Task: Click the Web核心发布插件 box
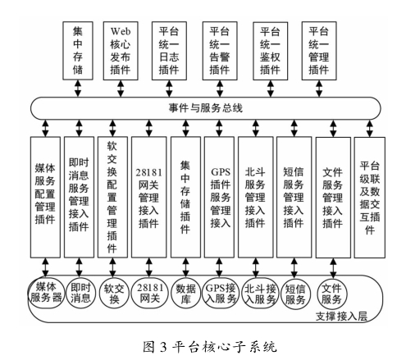click(x=121, y=51)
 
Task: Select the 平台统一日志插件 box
click(x=169, y=51)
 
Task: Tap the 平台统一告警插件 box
click(x=220, y=51)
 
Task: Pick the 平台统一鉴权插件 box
click(x=271, y=51)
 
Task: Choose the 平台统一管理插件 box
click(x=319, y=51)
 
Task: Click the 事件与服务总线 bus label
click(x=205, y=108)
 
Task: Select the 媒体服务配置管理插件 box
click(x=45, y=197)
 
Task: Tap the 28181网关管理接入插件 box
click(x=148, y=197)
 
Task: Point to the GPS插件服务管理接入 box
click(x=219, y=197)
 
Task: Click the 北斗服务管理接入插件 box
click(x=256, y=197)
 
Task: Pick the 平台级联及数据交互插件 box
click(x=370, y=198)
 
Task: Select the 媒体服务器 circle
click(x=47, y=293)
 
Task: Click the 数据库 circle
click(x=185, y=294)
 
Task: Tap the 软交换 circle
click(x=114, y=294)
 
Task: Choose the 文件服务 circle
click(x=332, y=294)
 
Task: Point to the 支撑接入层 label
click(x=341, y=317)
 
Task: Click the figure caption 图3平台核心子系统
click(x=210, y=347)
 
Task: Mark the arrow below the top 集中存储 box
click(x=78, y=89)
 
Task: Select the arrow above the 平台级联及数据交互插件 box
click(x=370, y=128)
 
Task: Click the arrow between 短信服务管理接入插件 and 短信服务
click(x=294, y=268)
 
